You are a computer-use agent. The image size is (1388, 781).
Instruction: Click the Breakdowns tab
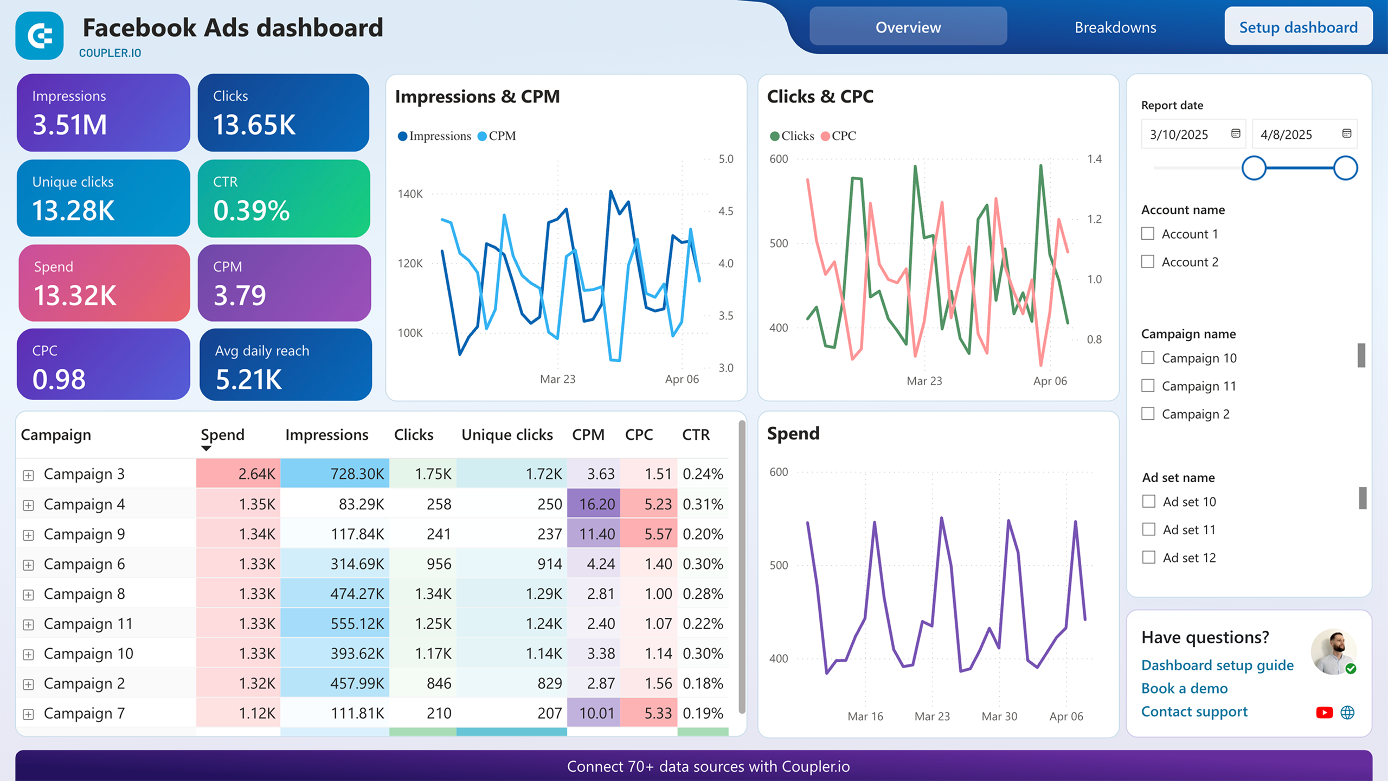point(1115,28)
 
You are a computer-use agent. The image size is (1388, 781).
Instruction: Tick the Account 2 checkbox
point(1148,262)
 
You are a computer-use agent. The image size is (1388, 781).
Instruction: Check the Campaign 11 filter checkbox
point(1148,386)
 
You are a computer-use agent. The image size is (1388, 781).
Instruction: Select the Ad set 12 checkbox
point(1148,558)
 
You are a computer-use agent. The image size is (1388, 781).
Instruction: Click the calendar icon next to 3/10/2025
point(1236,134)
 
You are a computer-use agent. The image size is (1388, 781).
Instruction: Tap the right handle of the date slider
point(1345,168)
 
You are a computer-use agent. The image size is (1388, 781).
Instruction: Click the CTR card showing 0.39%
point(284,199)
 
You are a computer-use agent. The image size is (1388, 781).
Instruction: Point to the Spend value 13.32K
point(75,296)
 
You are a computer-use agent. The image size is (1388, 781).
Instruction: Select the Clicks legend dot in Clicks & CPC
point(775,136)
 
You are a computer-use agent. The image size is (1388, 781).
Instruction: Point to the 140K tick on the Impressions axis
point(410,194)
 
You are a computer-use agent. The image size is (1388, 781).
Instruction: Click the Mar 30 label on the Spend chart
point(999,716)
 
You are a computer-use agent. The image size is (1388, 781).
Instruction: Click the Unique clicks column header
point(507,435)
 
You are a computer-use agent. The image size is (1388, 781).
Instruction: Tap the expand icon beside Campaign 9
point(28,535)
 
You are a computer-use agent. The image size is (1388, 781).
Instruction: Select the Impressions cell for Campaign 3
point(335,474)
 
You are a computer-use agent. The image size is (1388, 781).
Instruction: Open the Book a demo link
point(1184,688)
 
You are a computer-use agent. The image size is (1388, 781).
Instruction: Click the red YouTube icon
point(1324,713)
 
